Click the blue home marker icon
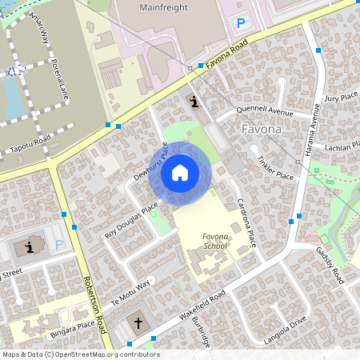point(180,172)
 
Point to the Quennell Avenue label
point(266,111)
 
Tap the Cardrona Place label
point(244,222)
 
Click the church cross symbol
point(138,323)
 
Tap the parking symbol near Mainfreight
point(240,23)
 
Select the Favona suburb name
point(261,129)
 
